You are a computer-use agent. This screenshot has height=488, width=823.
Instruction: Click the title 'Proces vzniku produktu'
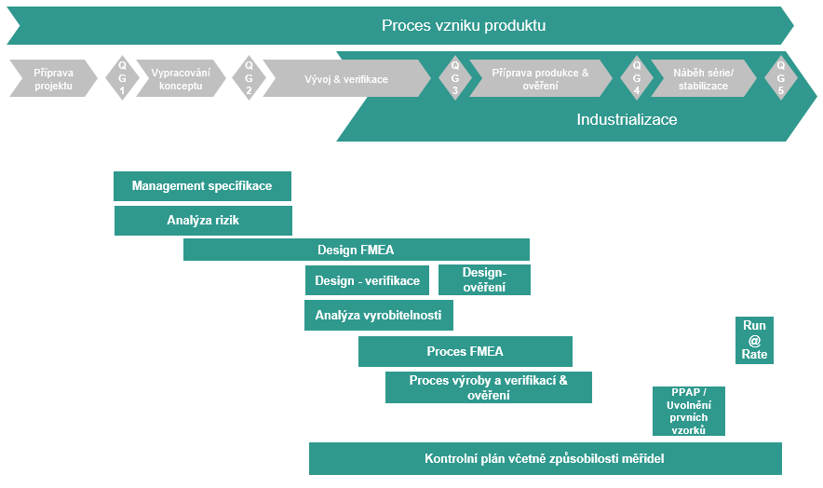[x=463, y=25]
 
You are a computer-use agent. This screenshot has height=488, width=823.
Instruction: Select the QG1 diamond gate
[x=121, y=78]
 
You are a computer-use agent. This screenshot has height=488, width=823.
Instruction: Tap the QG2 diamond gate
[x=249, y=78]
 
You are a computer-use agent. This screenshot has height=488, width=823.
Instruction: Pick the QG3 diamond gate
[x=454, y=78]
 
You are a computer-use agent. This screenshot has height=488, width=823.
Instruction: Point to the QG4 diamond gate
[x=637, y=78]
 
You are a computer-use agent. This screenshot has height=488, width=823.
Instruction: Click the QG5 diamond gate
[x=780, y=78]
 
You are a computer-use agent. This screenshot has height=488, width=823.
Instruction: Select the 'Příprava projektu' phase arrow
[x=53, y=78]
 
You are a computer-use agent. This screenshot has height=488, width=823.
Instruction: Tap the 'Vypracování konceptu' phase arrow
[x=181, y=78]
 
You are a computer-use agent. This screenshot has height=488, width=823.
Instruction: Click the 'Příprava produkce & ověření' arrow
[x=541, y=79]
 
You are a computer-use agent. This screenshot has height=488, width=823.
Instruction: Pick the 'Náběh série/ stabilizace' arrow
[x=703, y=79]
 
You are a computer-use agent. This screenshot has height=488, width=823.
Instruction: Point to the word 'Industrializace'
[x=627, y=119]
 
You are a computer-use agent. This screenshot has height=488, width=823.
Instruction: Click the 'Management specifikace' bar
[x=202, y=186]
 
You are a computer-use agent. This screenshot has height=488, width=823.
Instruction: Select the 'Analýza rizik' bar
[x=203, y=221]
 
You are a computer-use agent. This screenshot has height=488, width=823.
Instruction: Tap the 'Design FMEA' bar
[x=356, y=250]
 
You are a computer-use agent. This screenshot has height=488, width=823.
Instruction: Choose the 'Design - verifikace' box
[x=367, y=280]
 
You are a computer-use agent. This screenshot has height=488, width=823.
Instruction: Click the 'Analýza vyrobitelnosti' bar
[x=378, y=316]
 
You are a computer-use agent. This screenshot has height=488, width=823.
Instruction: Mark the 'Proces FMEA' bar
[x=465, y=352]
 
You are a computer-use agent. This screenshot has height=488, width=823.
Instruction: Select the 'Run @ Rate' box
[x=754, y=340]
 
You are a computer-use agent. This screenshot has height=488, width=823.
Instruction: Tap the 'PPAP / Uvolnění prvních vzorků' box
[x=688, y=411]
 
